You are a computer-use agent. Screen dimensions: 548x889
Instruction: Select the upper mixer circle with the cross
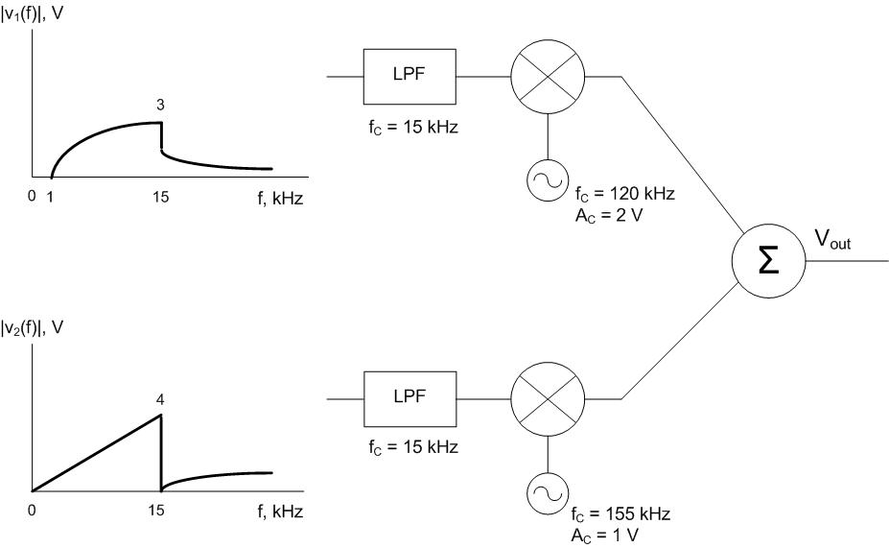click(x=547, y=77)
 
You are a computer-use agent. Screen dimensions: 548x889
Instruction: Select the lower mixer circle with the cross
click(x=547, y=395)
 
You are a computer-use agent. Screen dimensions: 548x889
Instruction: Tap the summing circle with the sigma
click(x=768, y=261)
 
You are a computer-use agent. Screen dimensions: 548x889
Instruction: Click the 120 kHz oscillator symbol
click(x=547, y=179)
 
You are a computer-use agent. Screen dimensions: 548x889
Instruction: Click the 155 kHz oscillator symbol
click(x=547, y=497)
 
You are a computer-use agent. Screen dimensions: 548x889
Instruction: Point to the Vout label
click(x=832, y=241)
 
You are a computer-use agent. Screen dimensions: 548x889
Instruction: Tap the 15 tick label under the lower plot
click(x=160, y=511)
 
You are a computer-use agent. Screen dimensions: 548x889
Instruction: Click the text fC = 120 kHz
click(x=624, y=194)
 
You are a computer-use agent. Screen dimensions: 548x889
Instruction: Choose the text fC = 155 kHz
click(x=624, y=514)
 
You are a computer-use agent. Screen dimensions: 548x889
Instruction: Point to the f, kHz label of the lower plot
click(x=279, y=512)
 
